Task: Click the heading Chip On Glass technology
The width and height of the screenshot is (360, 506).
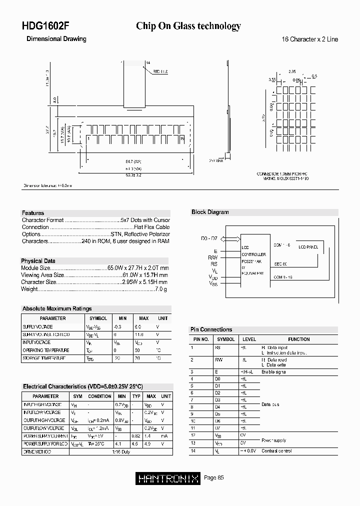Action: click(188, 26)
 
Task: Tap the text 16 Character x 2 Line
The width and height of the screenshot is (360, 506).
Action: click(310, 39)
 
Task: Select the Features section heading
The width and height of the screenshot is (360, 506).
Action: click(33, 213)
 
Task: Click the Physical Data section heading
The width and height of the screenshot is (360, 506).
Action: click(38, 261)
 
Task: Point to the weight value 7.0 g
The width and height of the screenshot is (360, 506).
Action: click(161, 289)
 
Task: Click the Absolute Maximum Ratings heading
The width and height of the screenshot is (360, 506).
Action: click(57, 309)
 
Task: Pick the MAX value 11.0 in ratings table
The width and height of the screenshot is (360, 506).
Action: click(139, 334)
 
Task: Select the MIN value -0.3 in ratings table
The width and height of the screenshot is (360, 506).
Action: click(118, 326)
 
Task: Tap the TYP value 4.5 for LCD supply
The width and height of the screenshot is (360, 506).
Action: click(135, 443)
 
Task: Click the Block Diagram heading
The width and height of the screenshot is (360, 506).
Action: click(210, 212)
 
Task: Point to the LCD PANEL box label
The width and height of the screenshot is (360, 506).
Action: click(309, 247)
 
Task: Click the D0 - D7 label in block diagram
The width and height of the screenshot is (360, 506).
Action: click(209, 239)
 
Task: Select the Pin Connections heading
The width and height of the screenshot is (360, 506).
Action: click(211, 329)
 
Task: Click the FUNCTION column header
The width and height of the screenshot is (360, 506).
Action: click(299, 339)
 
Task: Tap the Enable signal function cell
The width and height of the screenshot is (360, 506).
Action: click(274, 372)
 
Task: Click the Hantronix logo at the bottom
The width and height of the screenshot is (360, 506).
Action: click(168, 478)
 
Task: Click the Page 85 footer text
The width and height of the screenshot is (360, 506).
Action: click(214, 478)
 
